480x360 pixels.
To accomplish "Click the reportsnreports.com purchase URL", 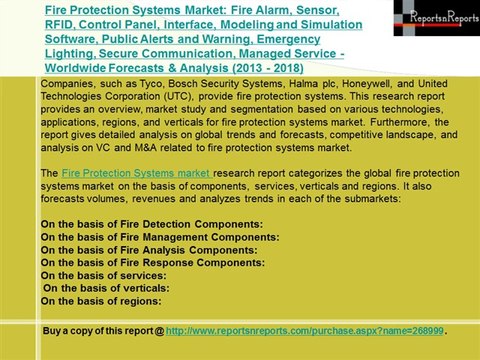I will coord(304,328).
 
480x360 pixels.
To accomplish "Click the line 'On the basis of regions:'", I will coord(101,299).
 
